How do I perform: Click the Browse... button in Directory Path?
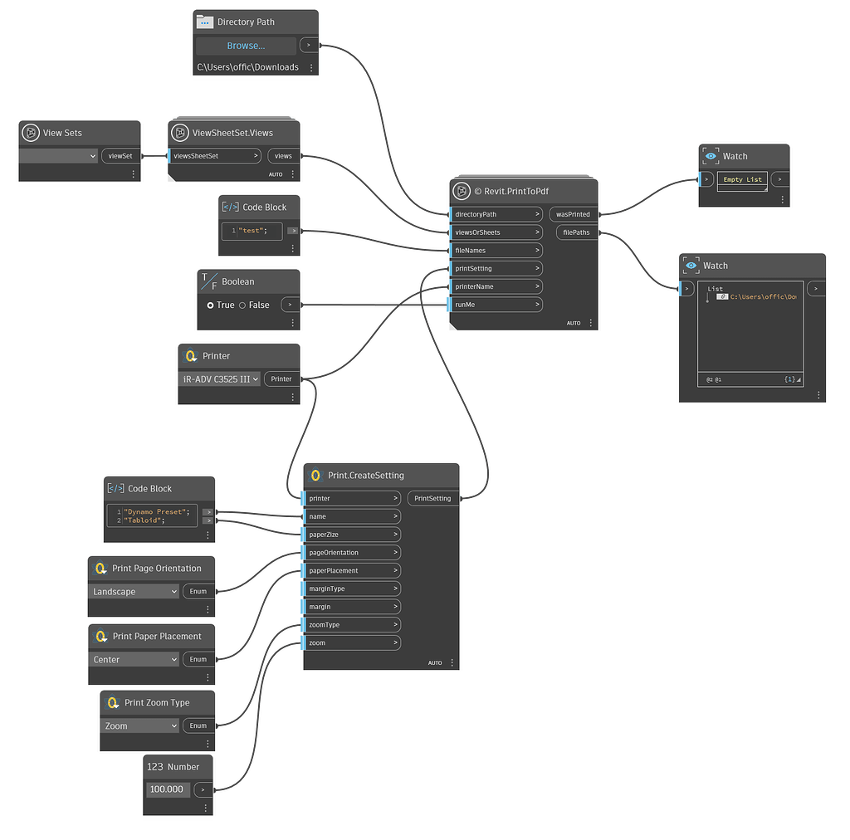247,46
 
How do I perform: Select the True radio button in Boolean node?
212,305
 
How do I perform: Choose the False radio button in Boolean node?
242,305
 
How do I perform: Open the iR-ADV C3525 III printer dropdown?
220,378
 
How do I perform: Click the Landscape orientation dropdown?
134,592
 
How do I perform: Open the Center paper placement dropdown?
134,659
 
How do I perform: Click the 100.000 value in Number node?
166,789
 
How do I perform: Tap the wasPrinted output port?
574,214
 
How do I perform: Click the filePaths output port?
576,232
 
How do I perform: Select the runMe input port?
495,305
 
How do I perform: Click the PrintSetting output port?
432,499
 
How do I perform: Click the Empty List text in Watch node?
742,179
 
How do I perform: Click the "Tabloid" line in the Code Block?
145,520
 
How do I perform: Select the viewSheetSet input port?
214,156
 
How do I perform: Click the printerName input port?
495,286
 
